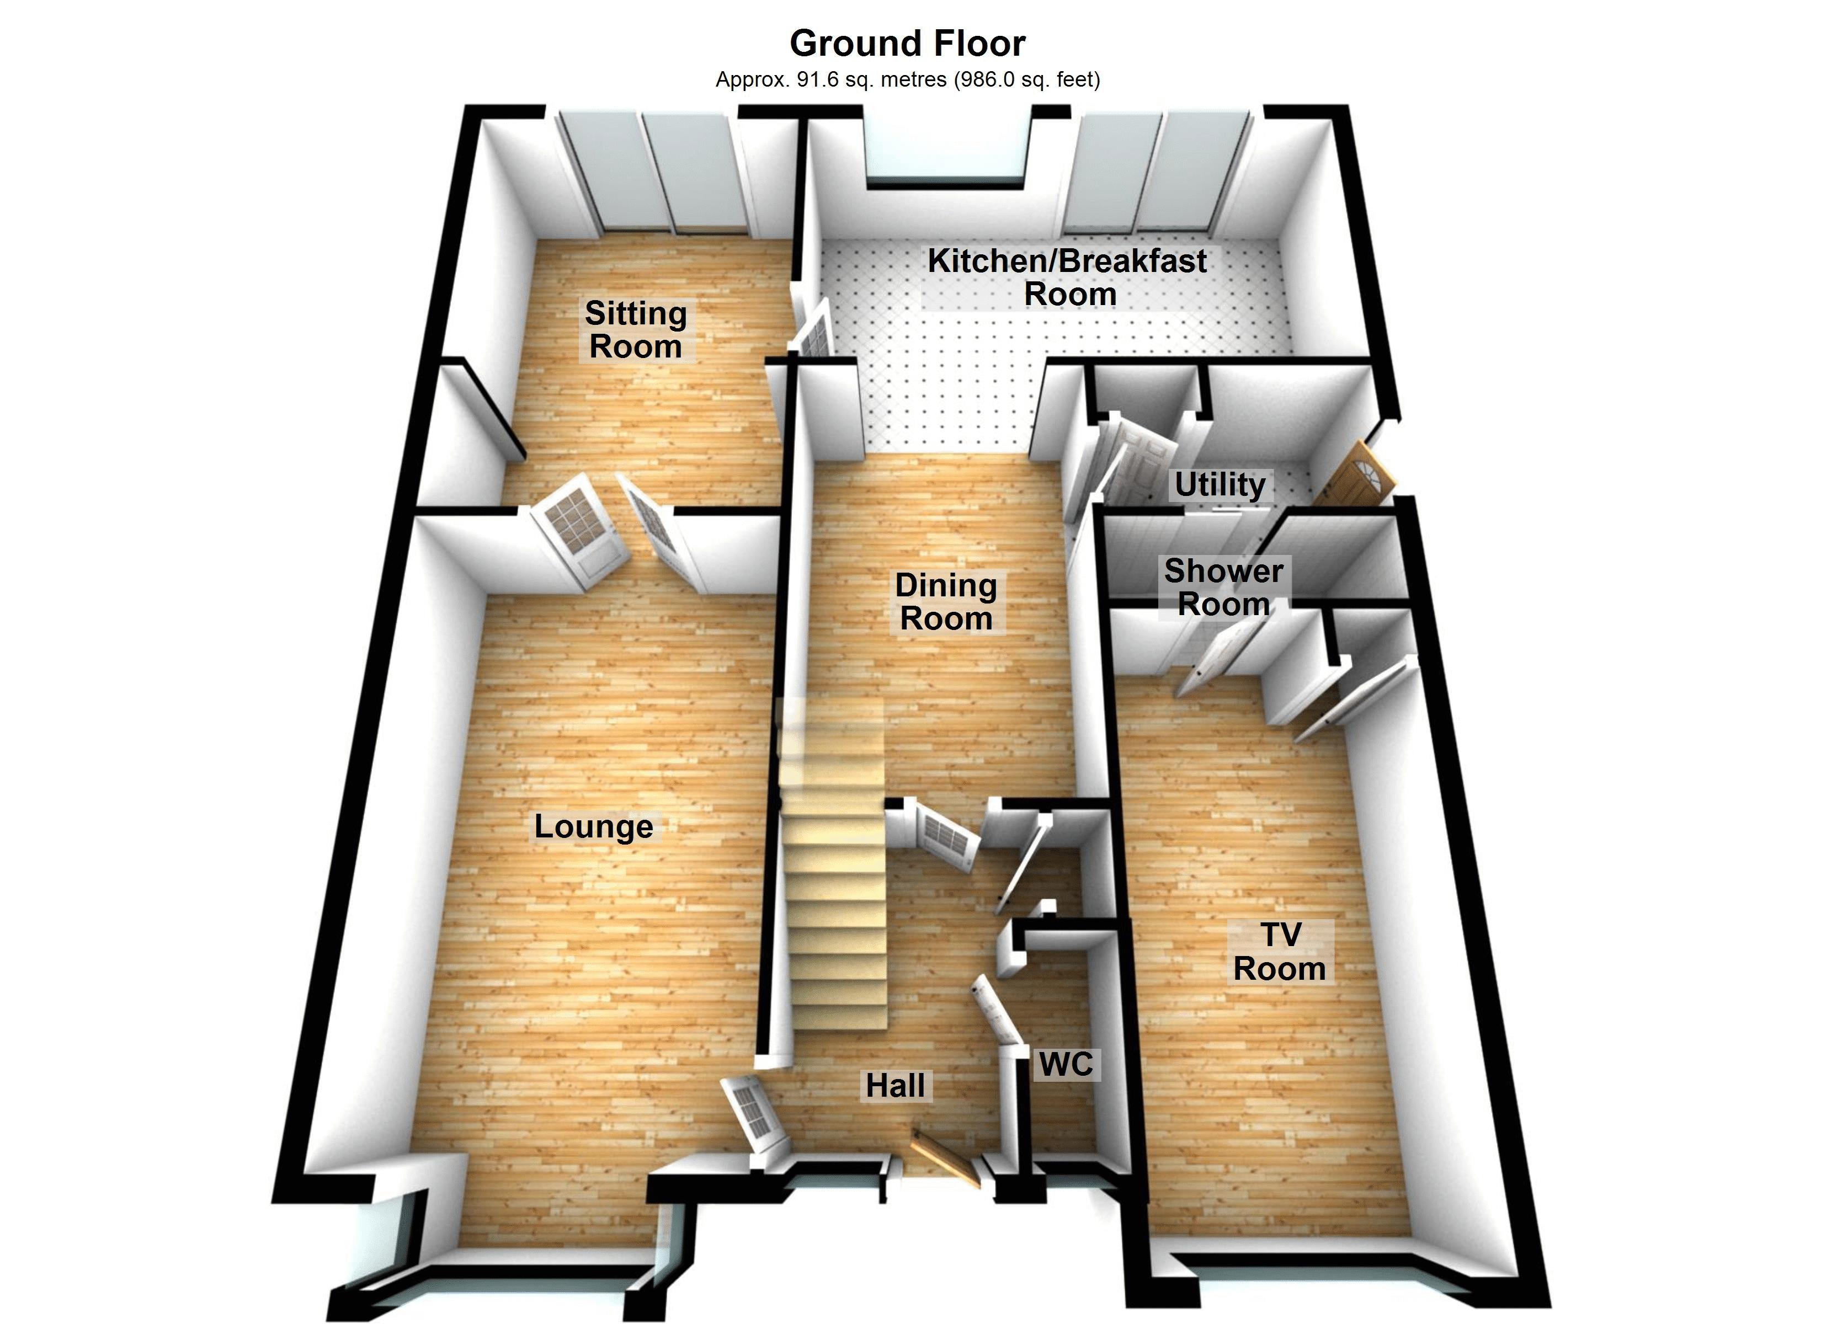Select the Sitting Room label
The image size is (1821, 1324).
tap(635, 330)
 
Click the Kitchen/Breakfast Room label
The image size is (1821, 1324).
tap(1067, 278)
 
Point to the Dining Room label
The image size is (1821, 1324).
tap(946, 602)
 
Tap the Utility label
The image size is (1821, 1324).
tap(1220, 484)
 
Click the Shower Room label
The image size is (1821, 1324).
tap(1223, 588)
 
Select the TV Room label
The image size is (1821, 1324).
tap(1279, 952)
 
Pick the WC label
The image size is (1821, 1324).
tap(1066, 1065)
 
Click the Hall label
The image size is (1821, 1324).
tap(895, 1086)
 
